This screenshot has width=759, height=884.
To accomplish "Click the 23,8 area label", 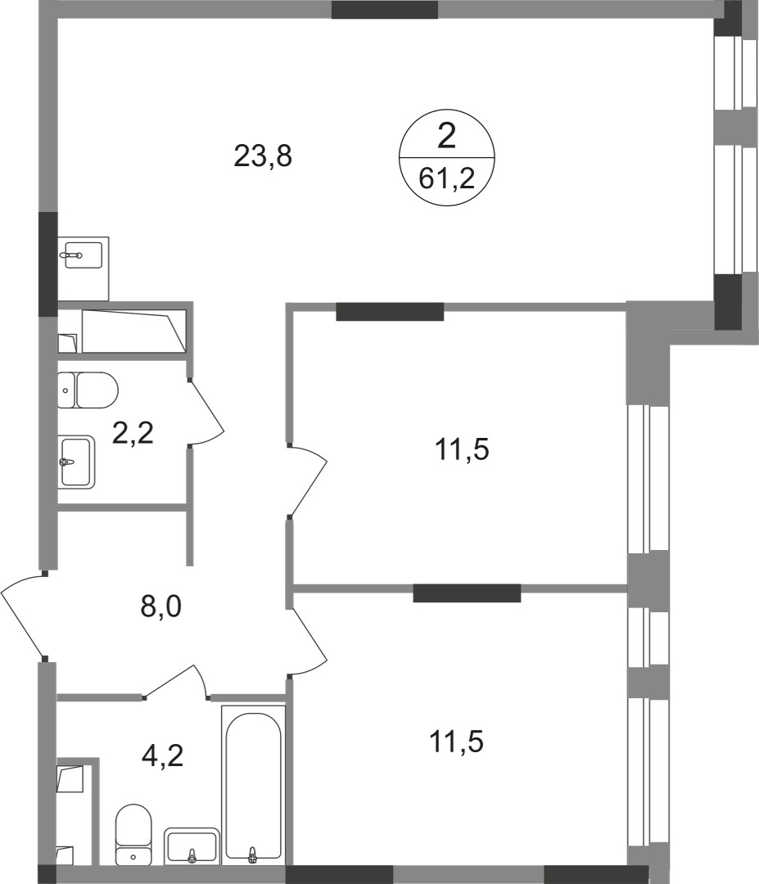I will click(x=263, y=156).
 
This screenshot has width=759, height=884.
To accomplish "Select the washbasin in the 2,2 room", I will click(x=77, y=462).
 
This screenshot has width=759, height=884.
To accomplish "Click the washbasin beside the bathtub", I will click(x=192, y=846).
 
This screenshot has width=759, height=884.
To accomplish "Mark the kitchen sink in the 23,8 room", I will click(x=83, y=255).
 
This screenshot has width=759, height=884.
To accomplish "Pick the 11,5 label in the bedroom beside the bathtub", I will click(x=457, y=742).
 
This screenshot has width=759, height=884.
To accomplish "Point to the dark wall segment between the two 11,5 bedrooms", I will click(x=467, y=593).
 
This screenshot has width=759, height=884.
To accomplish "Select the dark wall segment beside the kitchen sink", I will click(x=49, y=264).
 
